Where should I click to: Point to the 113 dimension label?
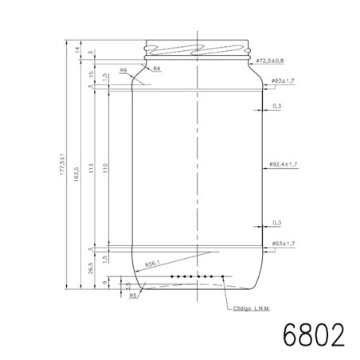(x=92, y=168)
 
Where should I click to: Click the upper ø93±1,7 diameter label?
(x=284, y=80)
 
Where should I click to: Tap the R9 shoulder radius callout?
(x=123, y=71)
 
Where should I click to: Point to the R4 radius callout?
(x=157, y=70)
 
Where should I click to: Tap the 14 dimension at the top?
(x=77, y=51)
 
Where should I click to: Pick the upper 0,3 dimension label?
(x=276, y=105)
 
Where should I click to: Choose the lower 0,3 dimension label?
(x=276, y=222)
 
